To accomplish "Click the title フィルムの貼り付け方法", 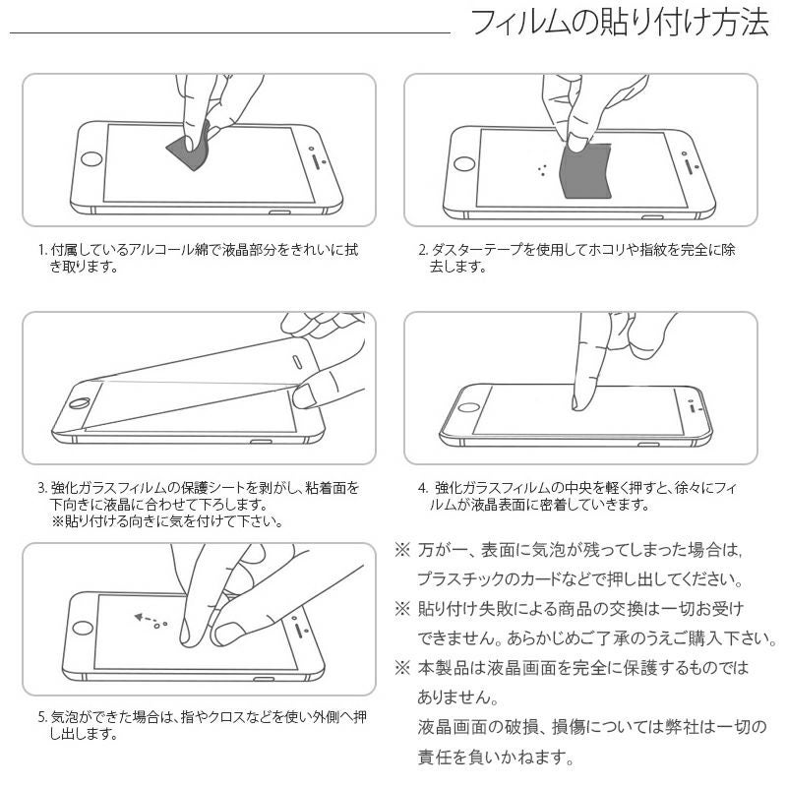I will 620,23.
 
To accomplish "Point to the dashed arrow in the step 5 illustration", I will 145,621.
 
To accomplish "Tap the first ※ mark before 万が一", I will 401,548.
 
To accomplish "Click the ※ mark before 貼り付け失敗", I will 401,608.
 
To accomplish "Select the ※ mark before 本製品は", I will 401,668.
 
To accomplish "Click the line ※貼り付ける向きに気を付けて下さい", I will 166,521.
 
